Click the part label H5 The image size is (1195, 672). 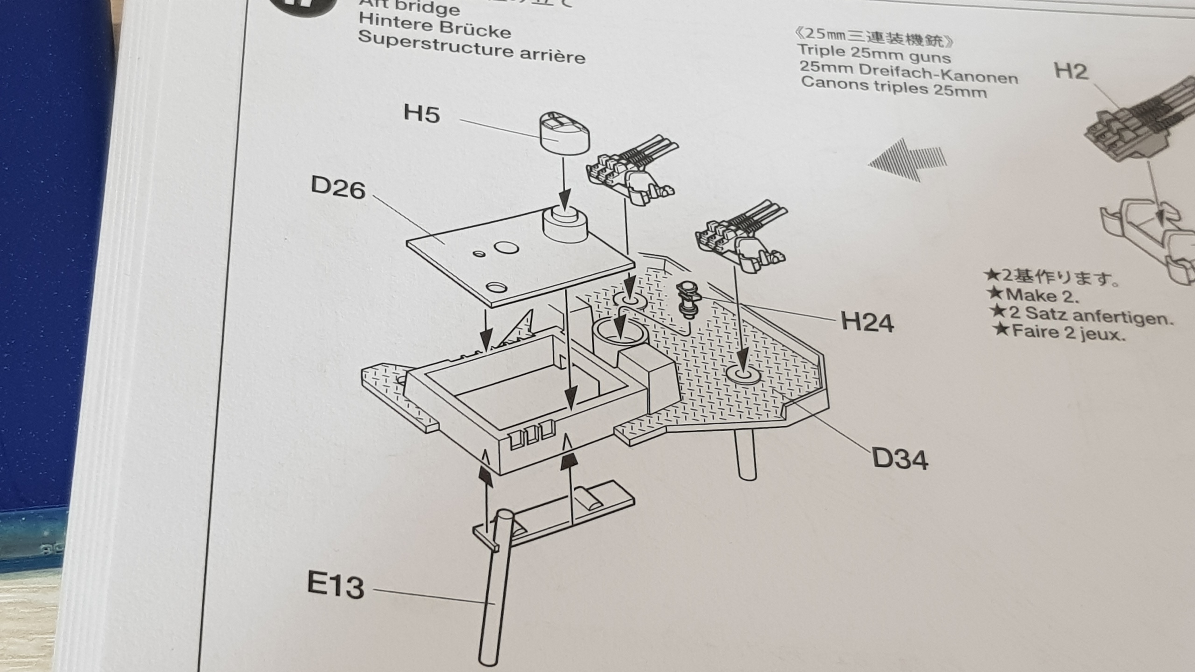click(x=422, y=114)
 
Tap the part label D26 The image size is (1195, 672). click(x=337, y=188)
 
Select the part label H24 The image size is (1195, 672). click(x=867, y=322)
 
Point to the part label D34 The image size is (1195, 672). click(x=900, y=458)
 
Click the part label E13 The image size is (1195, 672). click(x=335, y=585)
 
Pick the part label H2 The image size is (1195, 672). click(x=1071, y=71)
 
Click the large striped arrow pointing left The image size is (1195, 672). click(x=907, y=160)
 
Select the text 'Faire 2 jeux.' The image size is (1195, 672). click(x=1060, y=332)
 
